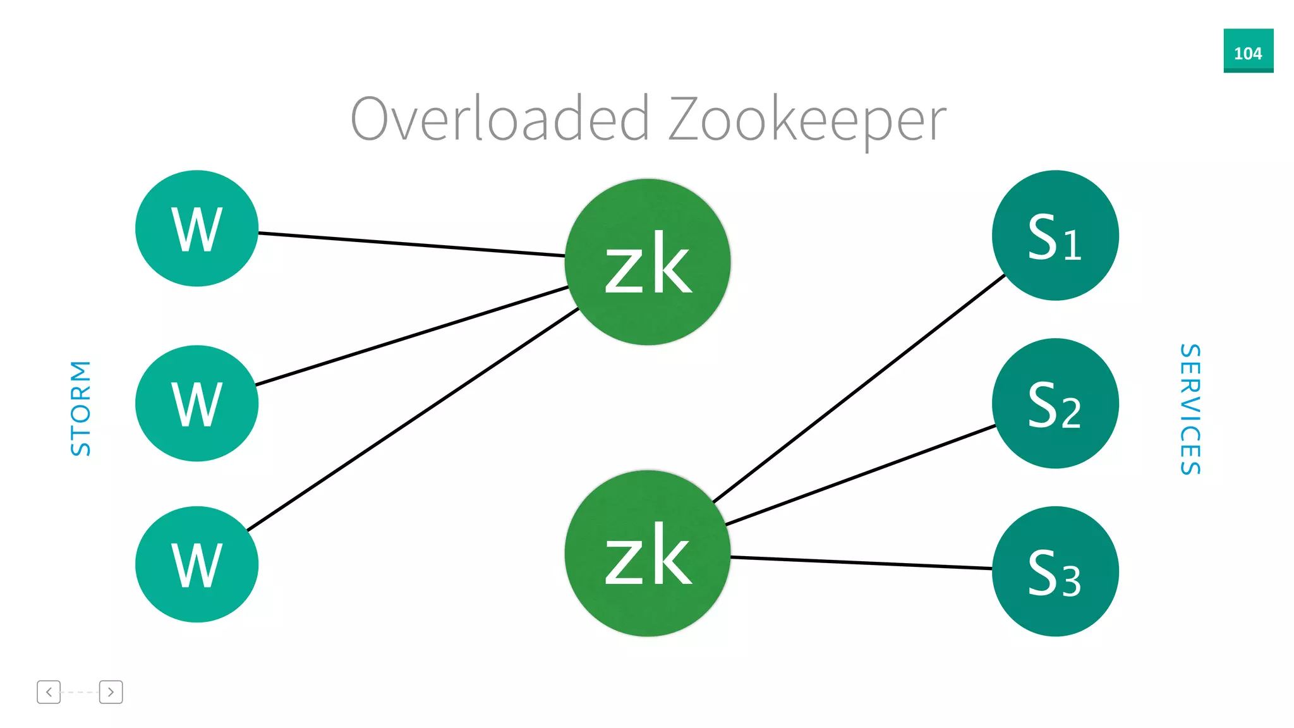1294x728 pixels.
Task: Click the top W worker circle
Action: (197, 228)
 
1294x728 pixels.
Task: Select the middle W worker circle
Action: (197, 403)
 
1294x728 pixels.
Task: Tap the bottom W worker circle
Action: (197, 564)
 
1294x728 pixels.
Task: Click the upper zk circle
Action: (647, 262)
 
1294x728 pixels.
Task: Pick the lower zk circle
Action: (647, 553)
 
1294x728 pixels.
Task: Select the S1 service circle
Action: (1055, 235)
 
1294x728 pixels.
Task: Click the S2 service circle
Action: (1055, 403)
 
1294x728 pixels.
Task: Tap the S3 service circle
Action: (1055, 571)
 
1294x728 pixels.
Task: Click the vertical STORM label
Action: (81, 408)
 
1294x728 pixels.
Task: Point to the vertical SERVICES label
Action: (1190, 409)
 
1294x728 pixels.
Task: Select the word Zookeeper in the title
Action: (807, 120)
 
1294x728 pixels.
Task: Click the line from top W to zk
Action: (411, 245)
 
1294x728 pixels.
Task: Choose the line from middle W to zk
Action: (411, 336)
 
